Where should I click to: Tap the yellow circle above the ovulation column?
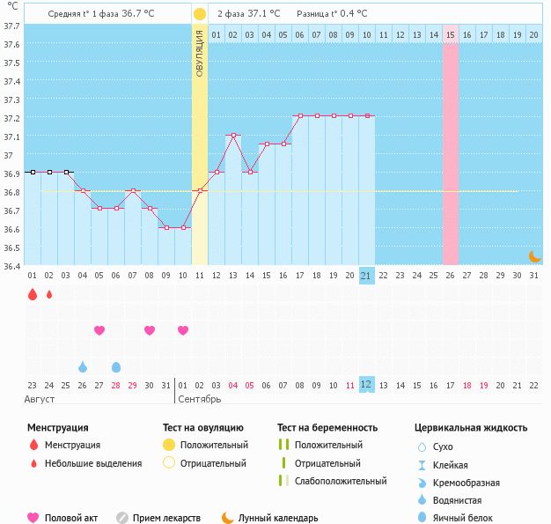tap(200, 14)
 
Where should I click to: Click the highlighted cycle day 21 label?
tap(367, 276)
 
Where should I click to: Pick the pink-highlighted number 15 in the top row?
tap(450, 34)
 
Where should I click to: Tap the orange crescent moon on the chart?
tap(534, 256)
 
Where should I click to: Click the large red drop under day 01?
tap(33, 295)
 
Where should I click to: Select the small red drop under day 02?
tap(49, 294)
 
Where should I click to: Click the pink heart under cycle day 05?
tap(99, 330)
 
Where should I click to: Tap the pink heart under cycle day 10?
tap(183, 330)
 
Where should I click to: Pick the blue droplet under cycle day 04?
tap(83, 366)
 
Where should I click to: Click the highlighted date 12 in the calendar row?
tap(367, 385)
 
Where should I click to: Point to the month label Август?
tap(40, 400)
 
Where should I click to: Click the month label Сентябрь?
tap(201, 400)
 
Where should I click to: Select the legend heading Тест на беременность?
tap(327, 428)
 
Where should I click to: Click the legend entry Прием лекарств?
tap(166, 519)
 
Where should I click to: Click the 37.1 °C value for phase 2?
tap(261, 14)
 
